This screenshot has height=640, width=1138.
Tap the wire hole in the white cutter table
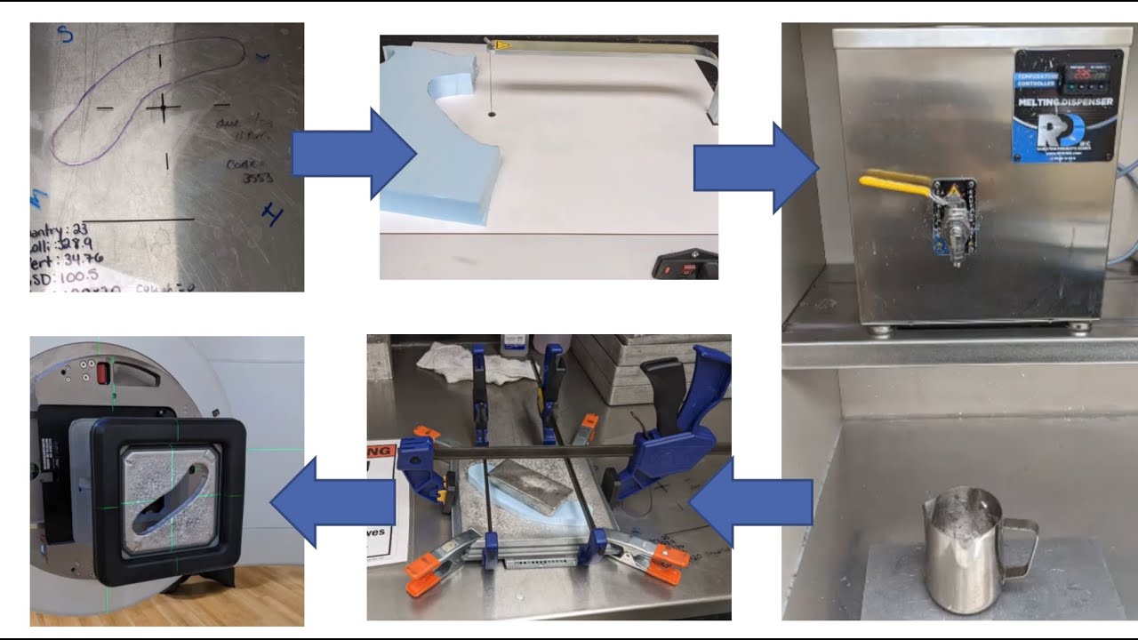point(491,115)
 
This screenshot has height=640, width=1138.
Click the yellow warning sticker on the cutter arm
point(502,43)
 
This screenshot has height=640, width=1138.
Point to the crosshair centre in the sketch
point(163,108)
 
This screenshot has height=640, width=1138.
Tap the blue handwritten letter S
point(64,35)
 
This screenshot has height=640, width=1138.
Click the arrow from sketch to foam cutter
point(352,157)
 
